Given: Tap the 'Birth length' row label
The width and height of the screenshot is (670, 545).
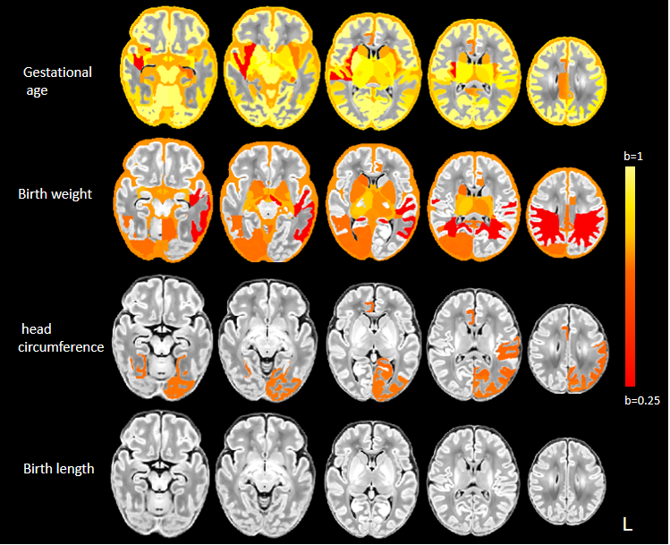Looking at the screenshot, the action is [x=59, y=467].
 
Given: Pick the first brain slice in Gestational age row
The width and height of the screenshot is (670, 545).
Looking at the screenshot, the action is [x=174, y=72].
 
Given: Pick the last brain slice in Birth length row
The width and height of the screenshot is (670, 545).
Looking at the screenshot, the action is [x=568, y=479].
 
